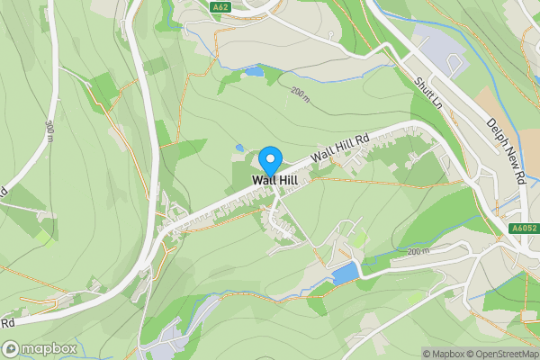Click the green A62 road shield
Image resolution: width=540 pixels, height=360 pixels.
(x=221, y=8)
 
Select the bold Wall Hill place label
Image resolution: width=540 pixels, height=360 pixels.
(x=274, y=180)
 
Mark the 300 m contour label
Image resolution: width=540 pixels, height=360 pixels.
(x=49, y=131)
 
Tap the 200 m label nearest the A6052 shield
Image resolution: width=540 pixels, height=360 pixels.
(x=418, y=251)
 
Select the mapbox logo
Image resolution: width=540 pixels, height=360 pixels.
(x=38, y=348)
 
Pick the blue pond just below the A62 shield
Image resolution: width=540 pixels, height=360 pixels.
(x=255, y=70)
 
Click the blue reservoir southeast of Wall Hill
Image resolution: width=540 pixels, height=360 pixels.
(x=345, y=274)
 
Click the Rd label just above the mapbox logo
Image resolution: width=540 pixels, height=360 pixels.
(x=8, y=321)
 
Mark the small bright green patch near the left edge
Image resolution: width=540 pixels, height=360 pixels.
(x=43, y=236)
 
